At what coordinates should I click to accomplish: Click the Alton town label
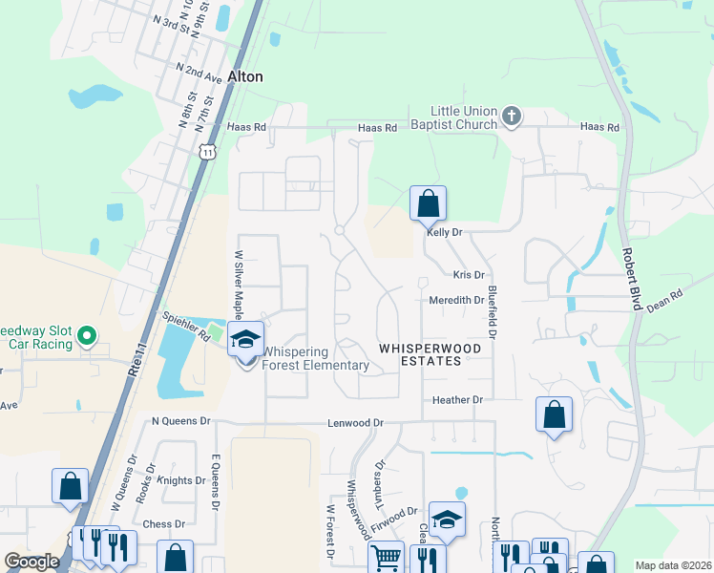click(x=245, y=76)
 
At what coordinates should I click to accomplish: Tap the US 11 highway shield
click(x=207, y=151)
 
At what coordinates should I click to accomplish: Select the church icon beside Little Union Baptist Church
click(x=513, y=117)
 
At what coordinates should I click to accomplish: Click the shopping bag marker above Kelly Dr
click(x=428, y=203)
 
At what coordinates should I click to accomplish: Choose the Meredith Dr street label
click(x=454, y=300)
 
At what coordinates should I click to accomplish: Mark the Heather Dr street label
click(x=458, y=400)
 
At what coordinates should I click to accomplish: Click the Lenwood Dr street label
click(x=355, y=422)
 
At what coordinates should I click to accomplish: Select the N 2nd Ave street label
click(x=199, y=71)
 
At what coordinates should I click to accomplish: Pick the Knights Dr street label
click(x=182, y=480)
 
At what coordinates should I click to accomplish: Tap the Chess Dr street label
click(x=163, y=524)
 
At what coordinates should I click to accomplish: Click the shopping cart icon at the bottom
click(x=386, y=557)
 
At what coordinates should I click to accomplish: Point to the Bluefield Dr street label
click(x=493, y=313)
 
